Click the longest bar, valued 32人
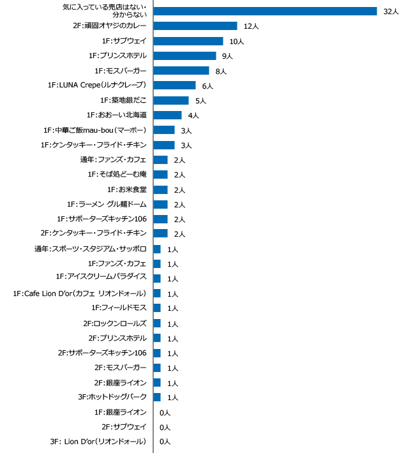[x=265, y=11]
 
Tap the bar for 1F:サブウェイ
[x=188, y=41]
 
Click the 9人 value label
[x=227, y=56]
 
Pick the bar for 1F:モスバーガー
[x=181, y=71]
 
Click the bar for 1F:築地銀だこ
[x=171, y=100]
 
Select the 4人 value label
[x=193, y=115]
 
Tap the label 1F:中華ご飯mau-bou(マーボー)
[x=95, y=130]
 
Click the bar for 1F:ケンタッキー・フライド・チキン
[x=164, y=145]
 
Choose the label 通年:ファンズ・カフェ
[x=114, y=160]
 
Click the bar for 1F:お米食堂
[x=161, y=189]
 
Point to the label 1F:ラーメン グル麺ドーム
[x=107, y=204]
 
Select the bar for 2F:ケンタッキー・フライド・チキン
[x=161, y=234]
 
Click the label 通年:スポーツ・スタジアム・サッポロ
[x=91, y=249]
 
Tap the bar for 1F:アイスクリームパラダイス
[x=157, y=278]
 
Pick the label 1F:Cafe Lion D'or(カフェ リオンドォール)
[x=80, y=293]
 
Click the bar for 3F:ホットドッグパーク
[x=157, y=397]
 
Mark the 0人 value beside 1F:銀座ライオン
[x=165, y=412]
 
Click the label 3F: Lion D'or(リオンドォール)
[x=98, y=442]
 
